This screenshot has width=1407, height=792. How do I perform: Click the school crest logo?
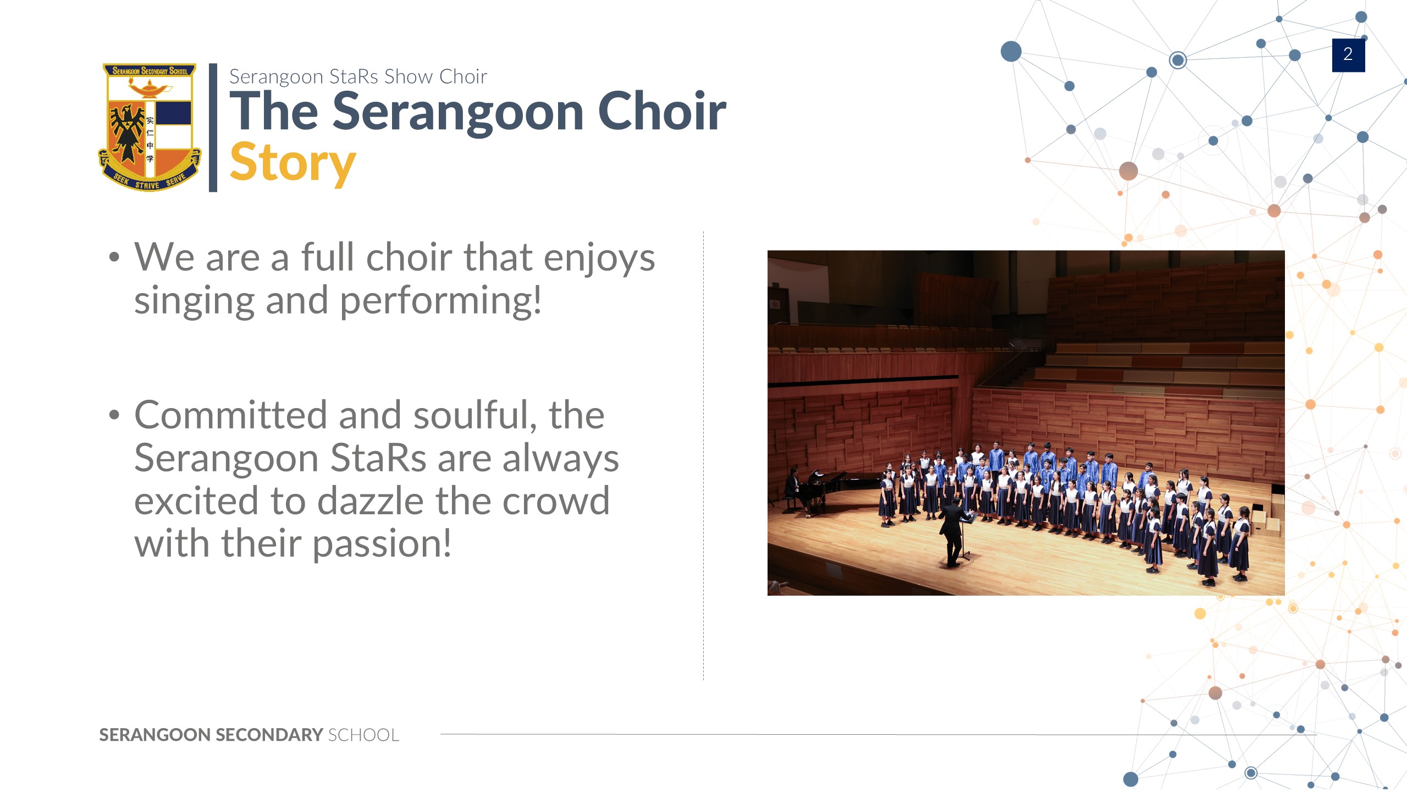click(150, 127)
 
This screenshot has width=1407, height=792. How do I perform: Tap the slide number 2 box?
click(1348, 55)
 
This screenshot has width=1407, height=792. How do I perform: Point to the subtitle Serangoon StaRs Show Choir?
click(358, 76)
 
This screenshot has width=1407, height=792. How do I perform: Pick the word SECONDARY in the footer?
click(269, 735)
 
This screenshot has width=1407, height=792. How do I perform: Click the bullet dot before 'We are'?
click(114, 257)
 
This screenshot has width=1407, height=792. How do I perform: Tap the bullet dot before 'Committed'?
click(114, 415)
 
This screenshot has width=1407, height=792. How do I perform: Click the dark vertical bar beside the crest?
click(213, 128)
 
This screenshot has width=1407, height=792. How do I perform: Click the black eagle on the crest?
click(128, 132)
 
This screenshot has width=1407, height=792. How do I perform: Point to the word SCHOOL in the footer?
click(364, 735)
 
